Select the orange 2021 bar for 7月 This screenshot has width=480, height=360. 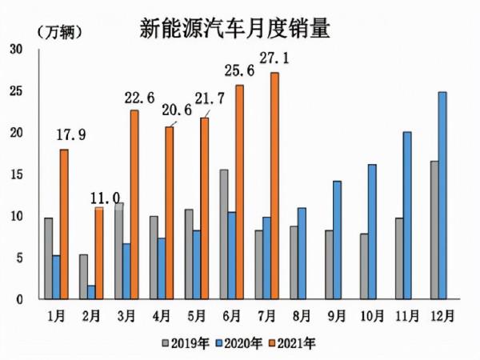[274, 186]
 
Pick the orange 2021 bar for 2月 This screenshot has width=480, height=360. [99, 253]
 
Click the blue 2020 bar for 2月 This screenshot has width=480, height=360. [90, 292]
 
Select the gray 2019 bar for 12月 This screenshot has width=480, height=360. [433, 230]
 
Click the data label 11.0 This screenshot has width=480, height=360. [104, 196]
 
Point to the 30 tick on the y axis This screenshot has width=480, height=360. [16, 50]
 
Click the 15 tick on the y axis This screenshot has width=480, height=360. [16, 174]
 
